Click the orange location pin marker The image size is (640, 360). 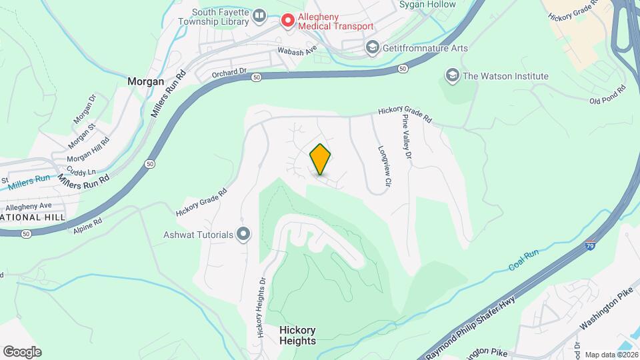(x=321, y=159)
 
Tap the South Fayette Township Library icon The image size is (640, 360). (x=259, y=15)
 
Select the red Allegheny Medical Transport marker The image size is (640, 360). (x=288, y=21)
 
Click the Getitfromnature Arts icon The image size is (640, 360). (x=372, y=48)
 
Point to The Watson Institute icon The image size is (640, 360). (x=453, y=75)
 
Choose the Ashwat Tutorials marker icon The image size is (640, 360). (x=243, y=234)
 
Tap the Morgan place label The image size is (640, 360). (x=145, y=81)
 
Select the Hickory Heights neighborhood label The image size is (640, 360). (x=297, y=335)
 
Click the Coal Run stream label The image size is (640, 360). (x=523, y=259)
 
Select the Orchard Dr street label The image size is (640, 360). (x=229, y=71)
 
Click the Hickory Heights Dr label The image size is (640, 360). (x=260, y=306)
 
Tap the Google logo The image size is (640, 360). (x=22, y=351)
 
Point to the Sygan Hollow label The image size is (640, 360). (x=427, y=5)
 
